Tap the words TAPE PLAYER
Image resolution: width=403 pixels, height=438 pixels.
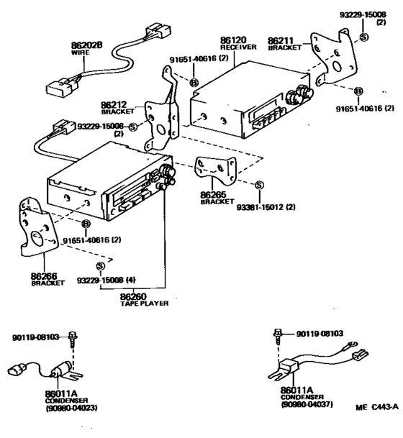pyautogui.click(x=144, y=304)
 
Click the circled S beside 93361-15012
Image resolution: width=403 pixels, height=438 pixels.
pyautogui.click(x=259, y=185)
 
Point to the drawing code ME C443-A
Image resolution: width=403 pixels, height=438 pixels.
pyautogui.click(x=377, y=406)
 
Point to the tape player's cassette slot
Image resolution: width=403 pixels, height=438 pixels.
pyautogui.click(x=130, y=195)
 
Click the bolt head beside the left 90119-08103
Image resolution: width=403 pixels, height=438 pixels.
pyautogui.click(x=73, y=336)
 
